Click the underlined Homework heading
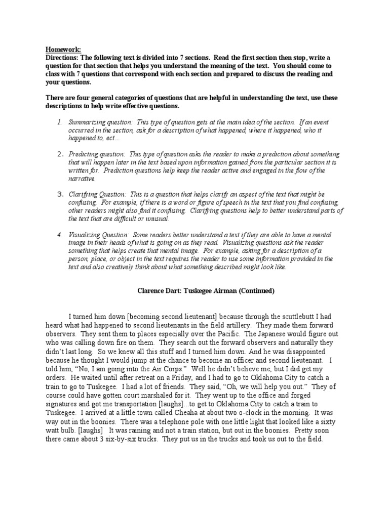tap(63, 49)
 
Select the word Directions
tap(62, 57)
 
